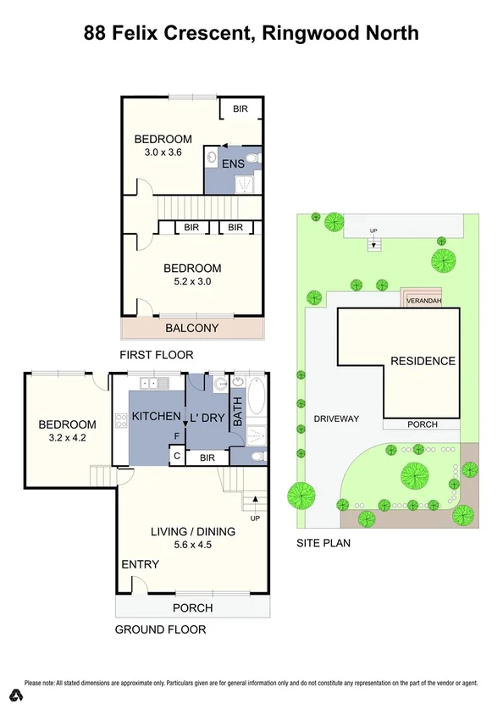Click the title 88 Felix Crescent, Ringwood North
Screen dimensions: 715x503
[x=251, y=34]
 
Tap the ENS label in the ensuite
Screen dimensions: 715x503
[x=233, y=164]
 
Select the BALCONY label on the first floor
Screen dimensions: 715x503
[x=191, y=329]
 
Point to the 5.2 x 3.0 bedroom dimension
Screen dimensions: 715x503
[x=192, y=284]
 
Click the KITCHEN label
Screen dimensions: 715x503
[x=157, y=416]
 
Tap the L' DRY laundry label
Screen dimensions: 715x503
[x=206, y=416]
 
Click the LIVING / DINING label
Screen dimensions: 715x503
[x=193, y=531]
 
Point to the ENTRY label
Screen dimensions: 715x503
[x=140, y=564]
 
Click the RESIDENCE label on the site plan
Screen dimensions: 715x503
[x=423, y=361]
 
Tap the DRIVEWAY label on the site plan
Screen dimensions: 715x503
[x=337, y=418]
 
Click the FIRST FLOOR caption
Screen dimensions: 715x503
[x=157, y=355]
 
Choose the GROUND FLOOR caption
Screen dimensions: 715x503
[x=160, y=629]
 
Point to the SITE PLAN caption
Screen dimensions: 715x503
[x=323, y=543]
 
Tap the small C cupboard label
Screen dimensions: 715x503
[x=176, y=457]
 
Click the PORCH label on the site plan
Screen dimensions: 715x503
[x=423, y=424]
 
